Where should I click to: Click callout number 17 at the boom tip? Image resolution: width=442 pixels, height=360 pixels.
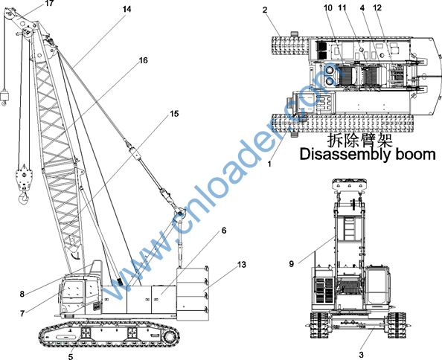click(49, 4)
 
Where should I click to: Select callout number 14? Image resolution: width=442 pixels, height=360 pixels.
click(126, 9)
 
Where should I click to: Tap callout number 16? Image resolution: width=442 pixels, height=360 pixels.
click(143, 60)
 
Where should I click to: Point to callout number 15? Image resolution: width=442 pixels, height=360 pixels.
click(174, 114)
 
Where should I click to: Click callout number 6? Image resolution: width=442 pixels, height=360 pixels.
click(224, 231)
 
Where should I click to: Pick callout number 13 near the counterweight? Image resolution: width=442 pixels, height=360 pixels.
click(242, 265)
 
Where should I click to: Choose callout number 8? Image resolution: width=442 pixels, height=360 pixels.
click(22, 294)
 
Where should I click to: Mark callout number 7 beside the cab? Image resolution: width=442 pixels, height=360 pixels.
click(22, 313)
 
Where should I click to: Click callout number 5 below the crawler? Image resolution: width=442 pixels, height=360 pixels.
click(71, 356)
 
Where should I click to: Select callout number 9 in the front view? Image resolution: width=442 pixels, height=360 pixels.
click(292, 264)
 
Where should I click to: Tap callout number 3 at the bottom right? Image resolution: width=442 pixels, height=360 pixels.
click(362, 355)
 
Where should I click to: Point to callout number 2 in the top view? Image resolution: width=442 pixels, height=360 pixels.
click(265, 10)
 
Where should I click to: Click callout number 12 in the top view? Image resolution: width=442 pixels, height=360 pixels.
click(377, 7)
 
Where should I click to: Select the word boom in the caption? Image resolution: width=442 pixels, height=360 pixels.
click(416, 155)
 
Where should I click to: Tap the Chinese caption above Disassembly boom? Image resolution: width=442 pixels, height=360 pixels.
click(359, 141)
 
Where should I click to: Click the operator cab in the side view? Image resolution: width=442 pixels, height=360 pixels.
click(80, 293)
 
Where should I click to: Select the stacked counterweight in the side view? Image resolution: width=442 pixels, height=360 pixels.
click(193, 294)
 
